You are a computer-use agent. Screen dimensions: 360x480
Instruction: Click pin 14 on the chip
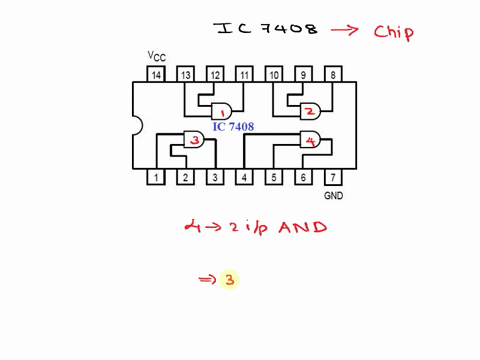pyautogui.click(x=155, y=75)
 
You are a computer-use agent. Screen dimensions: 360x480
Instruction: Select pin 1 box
pyautogui.click(x=155, y=178)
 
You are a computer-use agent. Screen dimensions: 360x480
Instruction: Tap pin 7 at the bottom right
pyautogui.click(x=333, y=178)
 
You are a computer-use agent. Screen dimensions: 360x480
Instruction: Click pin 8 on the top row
pyautogui.click(x=333, y=75)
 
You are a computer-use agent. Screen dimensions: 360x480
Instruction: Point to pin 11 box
pyautogui.click(x=244, y=75)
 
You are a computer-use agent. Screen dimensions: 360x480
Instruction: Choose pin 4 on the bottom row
pyautogui.click(x=244, y=178)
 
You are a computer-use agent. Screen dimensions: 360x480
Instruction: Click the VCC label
pyautogui.click(x=157, y=56)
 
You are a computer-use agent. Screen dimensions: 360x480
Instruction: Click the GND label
pyautogui.click(x=333, y=196)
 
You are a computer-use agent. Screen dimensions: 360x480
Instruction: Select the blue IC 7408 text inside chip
pyautogui.click(x=233, y=127)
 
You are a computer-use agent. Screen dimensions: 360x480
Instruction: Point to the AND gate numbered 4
pyautogui.click(x=310, y=140)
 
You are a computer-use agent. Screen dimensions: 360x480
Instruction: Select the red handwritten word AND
pyautogui.click(x=303, y=228)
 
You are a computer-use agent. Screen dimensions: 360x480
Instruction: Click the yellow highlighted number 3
pyautogui.click(x=229, y=280)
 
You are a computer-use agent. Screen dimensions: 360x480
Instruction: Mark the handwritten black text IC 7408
pyautogui.click(x=266, y=28)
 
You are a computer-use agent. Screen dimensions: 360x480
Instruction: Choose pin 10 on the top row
pyautogui.click(x=273, y=75)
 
